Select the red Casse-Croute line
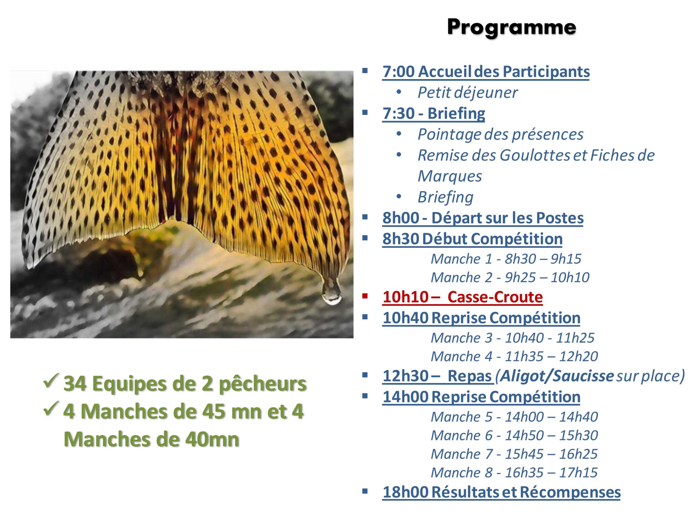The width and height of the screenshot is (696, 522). pos(462,297)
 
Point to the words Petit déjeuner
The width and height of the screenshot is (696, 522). pos(468,92)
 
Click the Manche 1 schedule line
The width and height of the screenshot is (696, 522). pos(506,259)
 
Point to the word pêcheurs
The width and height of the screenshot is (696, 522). pos(262,384)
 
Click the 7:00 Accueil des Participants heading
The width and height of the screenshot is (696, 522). pos(486,72)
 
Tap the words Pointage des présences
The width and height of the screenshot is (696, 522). pos(500,134)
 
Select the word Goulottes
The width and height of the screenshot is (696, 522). pos(535,155)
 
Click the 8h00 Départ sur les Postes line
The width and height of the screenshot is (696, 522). pos(483,218)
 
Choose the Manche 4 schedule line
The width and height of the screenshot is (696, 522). pos(514,356)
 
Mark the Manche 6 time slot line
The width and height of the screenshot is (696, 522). pos(514,436)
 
